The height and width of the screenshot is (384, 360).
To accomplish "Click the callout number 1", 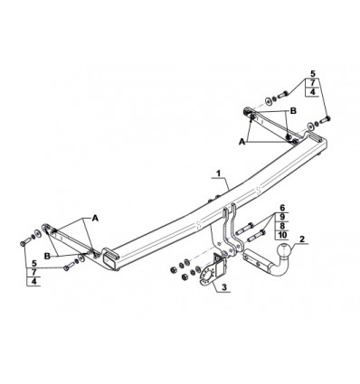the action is (219, 173).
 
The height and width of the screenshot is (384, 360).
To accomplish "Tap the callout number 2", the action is (302, 239).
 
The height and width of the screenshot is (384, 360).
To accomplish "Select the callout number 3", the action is (224, 287).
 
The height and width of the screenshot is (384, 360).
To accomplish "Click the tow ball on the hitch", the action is (285, 250).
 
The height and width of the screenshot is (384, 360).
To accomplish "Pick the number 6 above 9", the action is (282, 208).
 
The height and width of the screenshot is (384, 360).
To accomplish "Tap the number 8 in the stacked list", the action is (282, 226).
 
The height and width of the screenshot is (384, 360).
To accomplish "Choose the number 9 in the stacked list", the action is (282, 217).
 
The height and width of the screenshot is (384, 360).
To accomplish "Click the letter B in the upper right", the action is (293, 111).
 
